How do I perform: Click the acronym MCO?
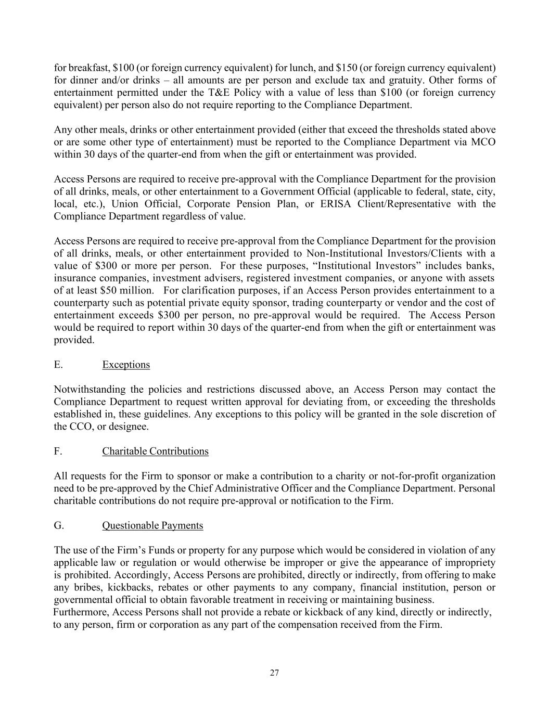[483, 142]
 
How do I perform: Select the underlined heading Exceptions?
[126, 365]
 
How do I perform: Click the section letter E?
[58, 365]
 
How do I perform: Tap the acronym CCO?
[81, 427]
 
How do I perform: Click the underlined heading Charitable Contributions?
[155, 451]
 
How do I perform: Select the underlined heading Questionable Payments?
[152, 525]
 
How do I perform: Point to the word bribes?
[85, 587]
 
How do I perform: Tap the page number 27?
[274, 673]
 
